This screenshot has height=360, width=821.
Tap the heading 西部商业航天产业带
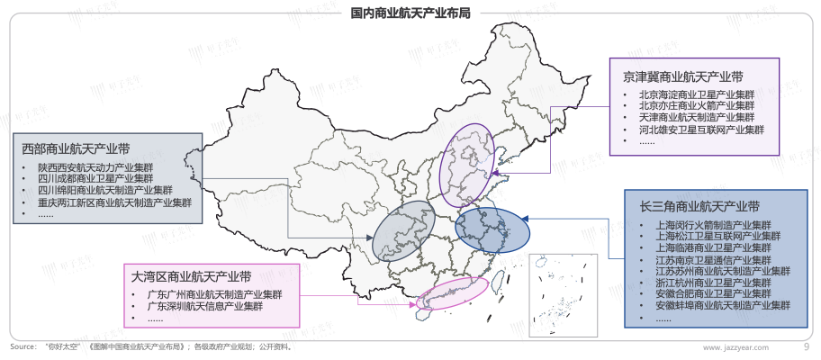(x=76, y=148)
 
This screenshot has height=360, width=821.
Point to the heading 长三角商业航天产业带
(x=700, y=205)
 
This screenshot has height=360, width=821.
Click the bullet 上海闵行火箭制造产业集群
(x=712, y=224)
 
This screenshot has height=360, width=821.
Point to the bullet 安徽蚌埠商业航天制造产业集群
(x=717, y=306)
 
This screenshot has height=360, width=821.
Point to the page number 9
(x=805, y=346)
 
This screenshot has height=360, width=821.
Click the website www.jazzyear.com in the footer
(x=736, y=347)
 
